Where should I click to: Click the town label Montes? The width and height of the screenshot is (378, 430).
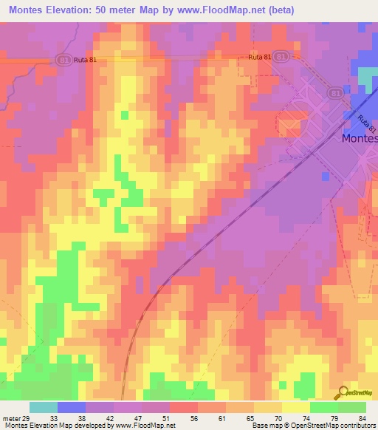pos(360,138)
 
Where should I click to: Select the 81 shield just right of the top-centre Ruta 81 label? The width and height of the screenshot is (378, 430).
pos(280,56)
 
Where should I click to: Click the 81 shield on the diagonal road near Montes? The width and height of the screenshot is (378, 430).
pos(335,94)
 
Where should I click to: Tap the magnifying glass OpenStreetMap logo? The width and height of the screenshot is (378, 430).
pos(344,392)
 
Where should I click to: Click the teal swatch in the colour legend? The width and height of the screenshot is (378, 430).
pos(44,407)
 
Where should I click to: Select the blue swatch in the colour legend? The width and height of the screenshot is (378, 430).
pos(72,407)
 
